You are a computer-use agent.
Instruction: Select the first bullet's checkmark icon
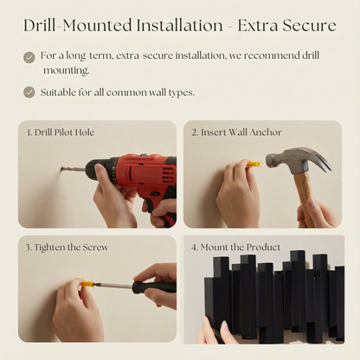[29, 57]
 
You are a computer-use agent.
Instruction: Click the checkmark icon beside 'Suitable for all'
[29, 92]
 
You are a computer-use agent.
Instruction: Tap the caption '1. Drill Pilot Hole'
[61, 132]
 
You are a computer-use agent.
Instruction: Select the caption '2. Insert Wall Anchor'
[236, 132]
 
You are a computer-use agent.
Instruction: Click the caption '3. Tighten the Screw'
[67, 247]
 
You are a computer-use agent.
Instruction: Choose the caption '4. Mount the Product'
[235, 247]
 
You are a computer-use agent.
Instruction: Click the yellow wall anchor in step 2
[254, 163]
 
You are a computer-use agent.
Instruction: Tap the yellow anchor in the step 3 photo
[87, 283]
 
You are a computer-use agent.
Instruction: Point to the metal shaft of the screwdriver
[112, 285]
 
